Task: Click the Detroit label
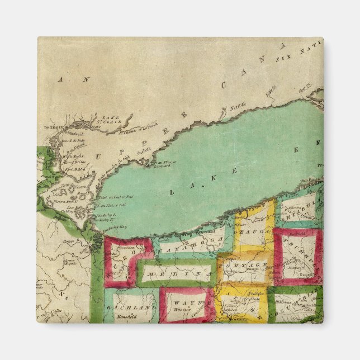pos(48,128)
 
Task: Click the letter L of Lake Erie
pos(171,192)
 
